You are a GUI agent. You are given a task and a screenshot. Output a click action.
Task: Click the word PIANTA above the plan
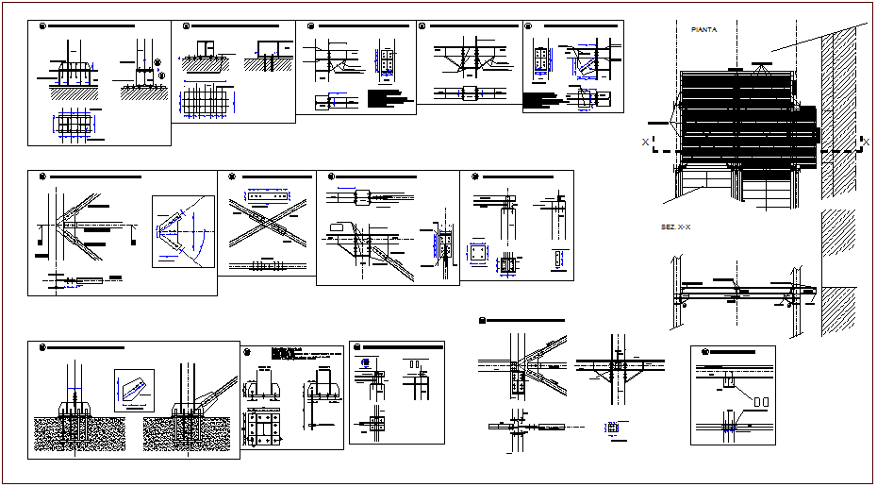[703, 30]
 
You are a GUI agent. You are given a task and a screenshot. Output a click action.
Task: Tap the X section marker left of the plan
[646, 143]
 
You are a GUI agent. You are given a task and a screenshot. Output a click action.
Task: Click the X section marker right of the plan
[865, 143]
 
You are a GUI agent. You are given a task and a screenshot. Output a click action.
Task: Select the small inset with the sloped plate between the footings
[132, 386]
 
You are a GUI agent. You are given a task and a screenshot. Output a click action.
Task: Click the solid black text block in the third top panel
[390, 95]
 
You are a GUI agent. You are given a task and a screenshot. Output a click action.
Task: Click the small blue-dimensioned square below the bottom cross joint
[614, 428]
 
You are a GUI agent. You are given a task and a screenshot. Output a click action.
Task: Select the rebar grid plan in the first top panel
[75, 126]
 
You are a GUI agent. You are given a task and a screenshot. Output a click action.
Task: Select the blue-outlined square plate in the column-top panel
[479, 256]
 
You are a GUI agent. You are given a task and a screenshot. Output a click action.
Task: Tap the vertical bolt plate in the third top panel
[388, 61]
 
